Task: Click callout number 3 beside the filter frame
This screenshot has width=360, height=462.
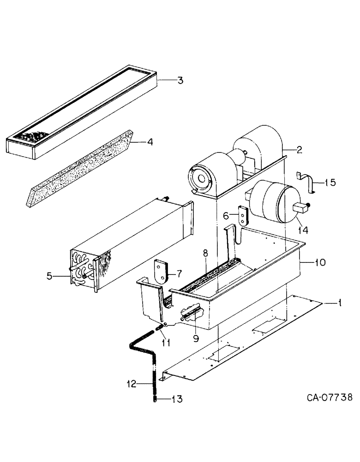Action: pos(180,80)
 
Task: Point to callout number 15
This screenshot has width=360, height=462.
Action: pos(330,182)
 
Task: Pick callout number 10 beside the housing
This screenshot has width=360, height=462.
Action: pos(319,262)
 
